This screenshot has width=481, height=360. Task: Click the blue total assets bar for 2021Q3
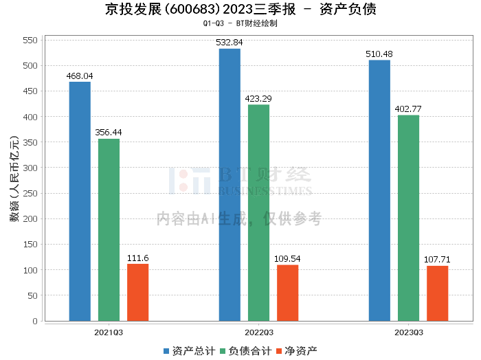point(80,201)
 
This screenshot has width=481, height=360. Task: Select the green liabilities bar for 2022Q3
point(258,213)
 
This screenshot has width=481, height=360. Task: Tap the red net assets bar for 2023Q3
point(438,293)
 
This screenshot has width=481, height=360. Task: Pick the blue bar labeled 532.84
point(230,185)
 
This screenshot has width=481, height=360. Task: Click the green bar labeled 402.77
point(408,218)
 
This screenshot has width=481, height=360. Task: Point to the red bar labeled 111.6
point(137,293)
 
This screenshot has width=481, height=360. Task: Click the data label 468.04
point(80,76)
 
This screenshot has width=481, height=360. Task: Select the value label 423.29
point(258,99)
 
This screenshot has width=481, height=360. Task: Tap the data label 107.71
point(437,260)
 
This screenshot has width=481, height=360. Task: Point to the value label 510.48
point(379,54)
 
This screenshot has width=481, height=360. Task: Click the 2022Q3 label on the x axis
point(259,333)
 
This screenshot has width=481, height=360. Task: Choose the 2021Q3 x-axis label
point(109,333)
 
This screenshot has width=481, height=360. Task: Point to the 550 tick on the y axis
point(30,40)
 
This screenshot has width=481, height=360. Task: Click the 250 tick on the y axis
point(30,193)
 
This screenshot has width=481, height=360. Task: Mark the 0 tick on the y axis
point(35,321)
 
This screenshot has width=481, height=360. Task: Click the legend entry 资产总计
point(190,351)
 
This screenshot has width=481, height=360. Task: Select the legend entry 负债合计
point(246,351)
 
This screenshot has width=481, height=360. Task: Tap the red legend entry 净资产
point(297,351)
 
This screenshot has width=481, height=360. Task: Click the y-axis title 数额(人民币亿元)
point(14,179)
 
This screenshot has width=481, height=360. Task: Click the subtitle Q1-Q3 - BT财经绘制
point(240,23)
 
